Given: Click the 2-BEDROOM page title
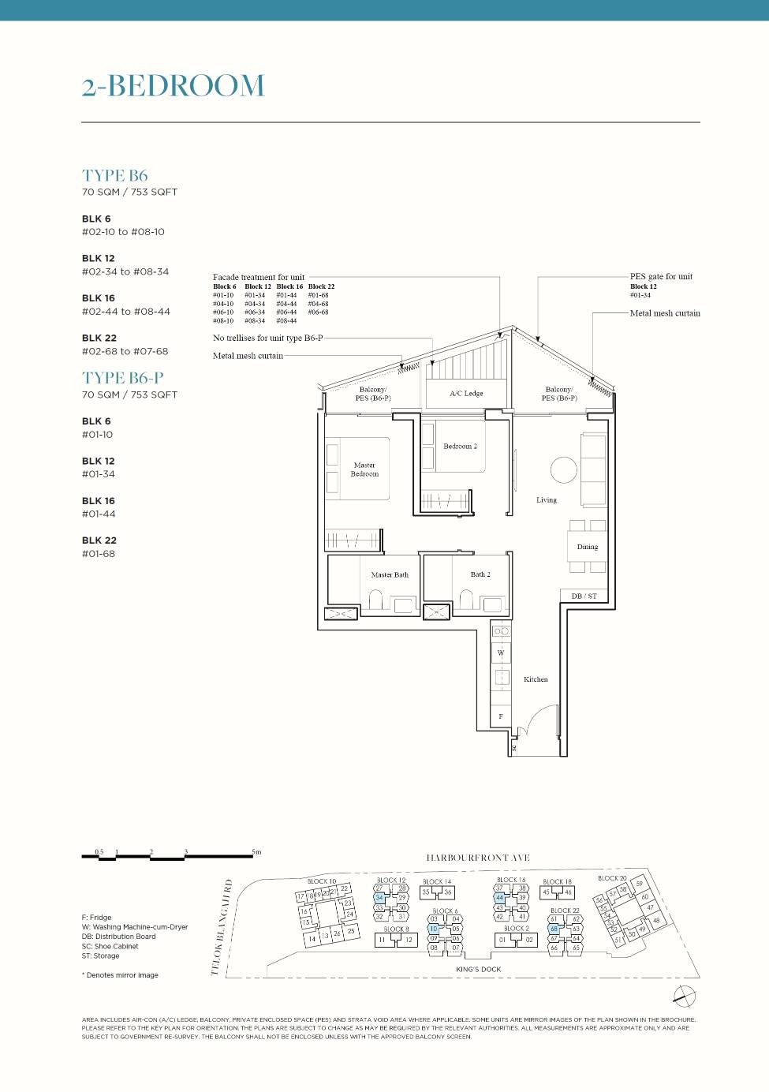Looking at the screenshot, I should tap(173, 86).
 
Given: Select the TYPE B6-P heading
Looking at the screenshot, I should tap(122, 378).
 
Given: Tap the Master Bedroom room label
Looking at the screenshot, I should tap(364, 469).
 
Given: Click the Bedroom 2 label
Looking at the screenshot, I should tap(460, 447).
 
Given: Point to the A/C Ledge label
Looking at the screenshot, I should tap(466, 393).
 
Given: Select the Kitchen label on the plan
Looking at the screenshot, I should tap(536, 679).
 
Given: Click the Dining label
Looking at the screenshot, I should tap(587, 547).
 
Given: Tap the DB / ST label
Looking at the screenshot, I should tap(584, 596).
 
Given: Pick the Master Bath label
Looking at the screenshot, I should tap(390, 574).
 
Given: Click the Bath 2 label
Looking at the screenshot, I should tap(480, 574).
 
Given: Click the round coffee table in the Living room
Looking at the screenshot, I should tap(563, 470).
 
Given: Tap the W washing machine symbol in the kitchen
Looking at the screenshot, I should tap(500, 653).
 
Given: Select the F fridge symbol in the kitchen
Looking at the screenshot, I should tap(500, 716).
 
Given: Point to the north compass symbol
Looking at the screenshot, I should tap(685, 997).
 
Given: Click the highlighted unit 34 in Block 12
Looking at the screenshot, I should tap(379, 898).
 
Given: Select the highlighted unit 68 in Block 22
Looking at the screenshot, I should tap(554, 929).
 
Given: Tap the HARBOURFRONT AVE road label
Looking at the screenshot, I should tap(478, 858).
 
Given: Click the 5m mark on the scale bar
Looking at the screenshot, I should tap(256, 852).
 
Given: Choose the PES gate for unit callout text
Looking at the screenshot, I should tap(661, 276).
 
